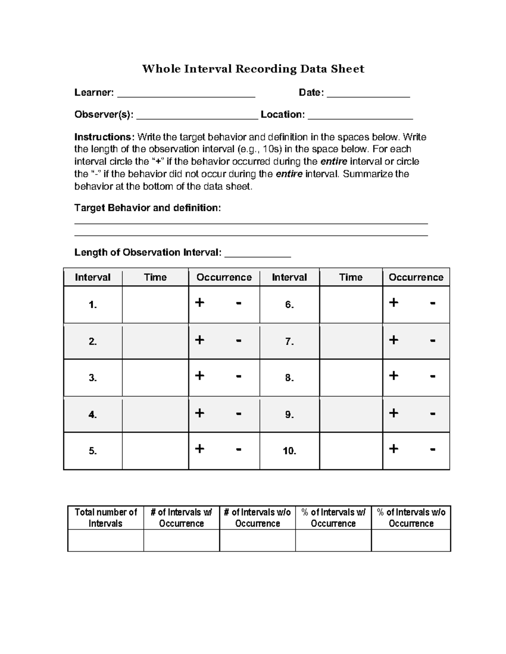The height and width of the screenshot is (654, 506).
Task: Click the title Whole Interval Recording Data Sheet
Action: [x=253, y=69]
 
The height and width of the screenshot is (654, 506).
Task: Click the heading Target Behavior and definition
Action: [x=148, y=208]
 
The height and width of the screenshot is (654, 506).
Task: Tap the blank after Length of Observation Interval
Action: [x=258, y=254]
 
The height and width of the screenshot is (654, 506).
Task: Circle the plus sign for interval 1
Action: [x=200, y=302]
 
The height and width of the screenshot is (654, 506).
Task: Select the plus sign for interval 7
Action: [x=393, y=339]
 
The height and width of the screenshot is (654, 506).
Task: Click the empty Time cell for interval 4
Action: [x=155, y=414]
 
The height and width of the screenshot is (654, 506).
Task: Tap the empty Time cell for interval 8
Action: [x=351, y=377]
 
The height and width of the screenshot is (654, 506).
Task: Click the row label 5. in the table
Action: [x=93, y=451]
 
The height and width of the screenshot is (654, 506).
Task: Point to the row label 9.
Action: [x=289, y=414]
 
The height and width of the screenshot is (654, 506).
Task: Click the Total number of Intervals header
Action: [x=105, y=518]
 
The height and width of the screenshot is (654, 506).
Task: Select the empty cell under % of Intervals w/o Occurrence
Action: [x=411, y=540]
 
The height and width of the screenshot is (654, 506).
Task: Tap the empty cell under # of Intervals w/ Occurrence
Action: [x=181, y=540]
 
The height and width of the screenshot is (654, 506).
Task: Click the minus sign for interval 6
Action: [x=432, y=303]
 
